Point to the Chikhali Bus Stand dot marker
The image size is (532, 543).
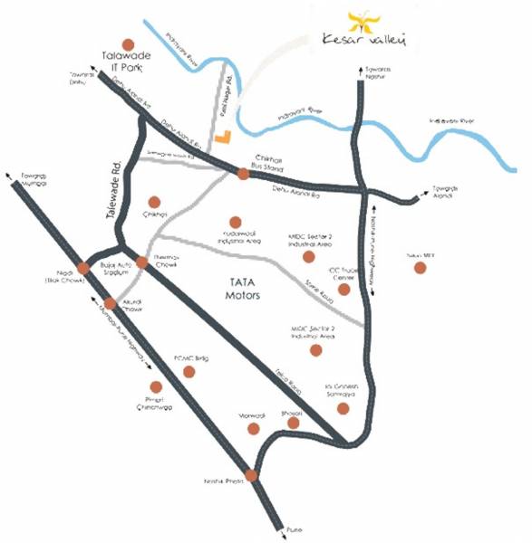(243, 175)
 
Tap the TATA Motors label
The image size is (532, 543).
(243, 290)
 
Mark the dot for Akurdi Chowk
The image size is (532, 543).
(110, 303)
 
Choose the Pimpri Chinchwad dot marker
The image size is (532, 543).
(155, 386)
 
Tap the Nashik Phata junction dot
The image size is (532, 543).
(251, 474)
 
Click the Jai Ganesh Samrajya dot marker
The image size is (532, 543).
(343, 408)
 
